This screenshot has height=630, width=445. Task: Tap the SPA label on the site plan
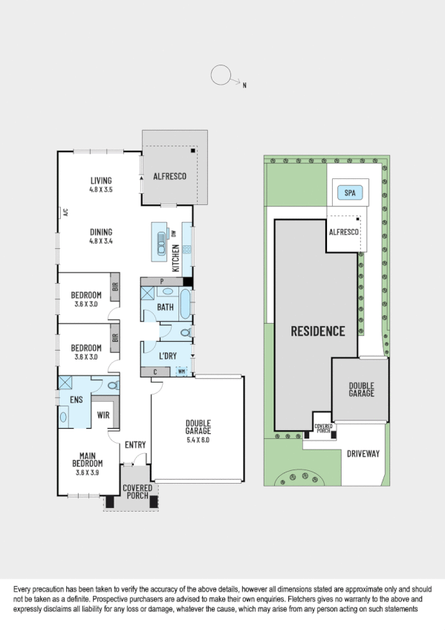(349, 193)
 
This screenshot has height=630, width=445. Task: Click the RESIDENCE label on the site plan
(317, 331)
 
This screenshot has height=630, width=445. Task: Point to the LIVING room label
(101, 181)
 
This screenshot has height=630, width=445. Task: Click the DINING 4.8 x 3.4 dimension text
(101, 241)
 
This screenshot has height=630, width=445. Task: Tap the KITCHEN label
(176, 258)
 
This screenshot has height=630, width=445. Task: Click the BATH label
(165, 307)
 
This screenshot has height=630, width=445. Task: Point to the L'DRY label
(169, 356)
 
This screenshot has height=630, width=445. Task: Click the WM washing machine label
(181, 371)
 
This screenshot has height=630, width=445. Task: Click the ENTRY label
(135, 445)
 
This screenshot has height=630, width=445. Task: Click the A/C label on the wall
(65, 212)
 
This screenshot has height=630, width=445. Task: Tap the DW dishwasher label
(173, 233)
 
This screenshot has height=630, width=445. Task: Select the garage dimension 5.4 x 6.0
(198, 439)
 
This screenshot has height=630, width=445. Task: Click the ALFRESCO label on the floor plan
(169, 176)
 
